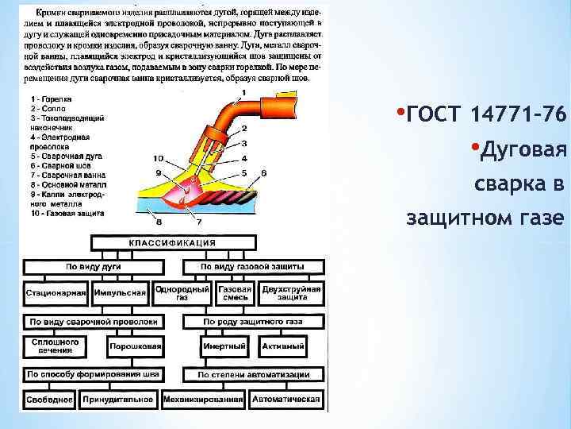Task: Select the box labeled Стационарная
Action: [56, 293]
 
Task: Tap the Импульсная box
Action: [120, 293]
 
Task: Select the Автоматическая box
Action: [286, 399]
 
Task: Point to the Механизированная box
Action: [204, 399]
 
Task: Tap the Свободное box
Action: [49, 399]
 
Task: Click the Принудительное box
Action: [117, 399]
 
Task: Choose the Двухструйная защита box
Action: [291, 293]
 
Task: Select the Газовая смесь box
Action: [236, 293]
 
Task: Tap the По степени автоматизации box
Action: [254, 373]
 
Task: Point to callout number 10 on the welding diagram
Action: [158, 158]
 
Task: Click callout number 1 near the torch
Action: [243, 94]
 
